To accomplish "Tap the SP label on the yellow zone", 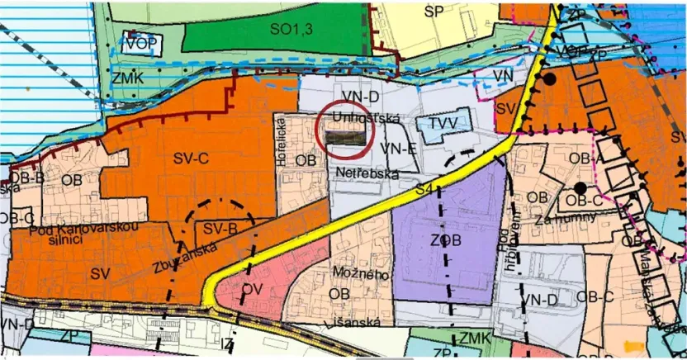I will point(434,11).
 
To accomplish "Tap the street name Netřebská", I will point(367,173).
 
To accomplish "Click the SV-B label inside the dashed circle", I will point(220,228).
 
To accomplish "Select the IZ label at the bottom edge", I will point(227,341).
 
